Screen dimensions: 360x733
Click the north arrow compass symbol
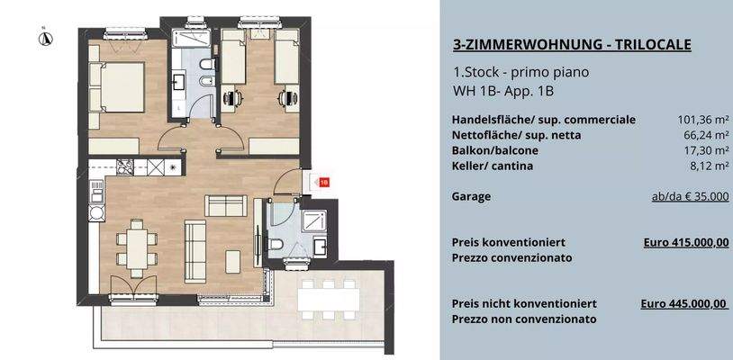click(x=43, y=37)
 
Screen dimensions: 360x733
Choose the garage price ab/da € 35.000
click(x=690, y=195)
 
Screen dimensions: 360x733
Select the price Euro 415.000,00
click(x=687, y=242)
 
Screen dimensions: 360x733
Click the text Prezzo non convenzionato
click(x=524, y=319)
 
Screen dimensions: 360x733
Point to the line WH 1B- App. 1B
click(x=503, y=91)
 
